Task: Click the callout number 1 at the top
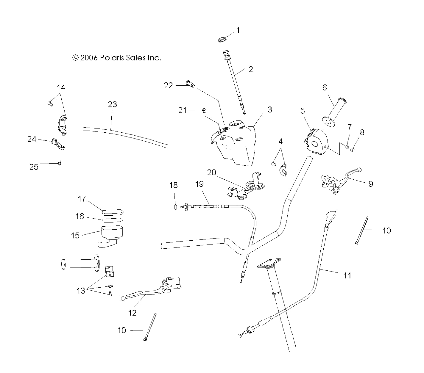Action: (x=238, y=30)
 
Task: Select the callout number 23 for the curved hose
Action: (x=112, y=104)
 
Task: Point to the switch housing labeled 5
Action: (x=316, y=142)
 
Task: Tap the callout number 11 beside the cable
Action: (x=347, y=276)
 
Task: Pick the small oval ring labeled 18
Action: (x=176, y=207)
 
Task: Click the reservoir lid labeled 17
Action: (x=113, y=212)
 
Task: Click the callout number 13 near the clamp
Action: (x=81, y=291)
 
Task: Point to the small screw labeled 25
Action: (x=59, y=162)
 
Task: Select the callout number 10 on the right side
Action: (x=386, y=231)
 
